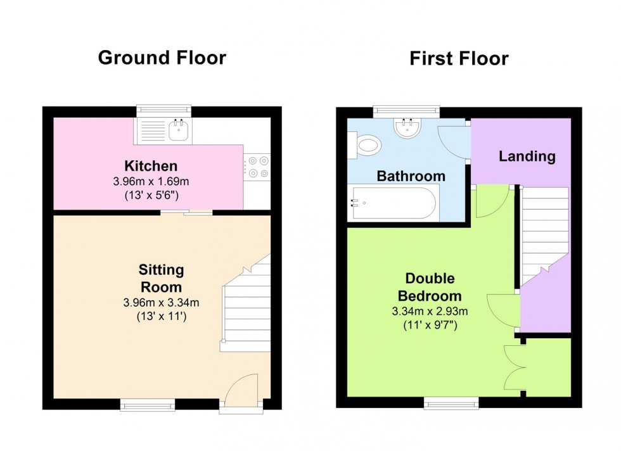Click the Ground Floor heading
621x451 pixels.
(x=162, y=58)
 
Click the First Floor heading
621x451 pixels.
(x=458, y=59)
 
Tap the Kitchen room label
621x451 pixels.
(x=151, y=167)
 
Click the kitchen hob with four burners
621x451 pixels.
(x=258, y=167)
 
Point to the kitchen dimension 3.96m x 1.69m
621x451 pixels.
(x=151, y=181)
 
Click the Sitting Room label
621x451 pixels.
(x=161, y=278)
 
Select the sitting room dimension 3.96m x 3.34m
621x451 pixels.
(x=161, y=302)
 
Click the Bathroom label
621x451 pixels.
(x=411, y=176)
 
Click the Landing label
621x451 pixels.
(x=527, y=156)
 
